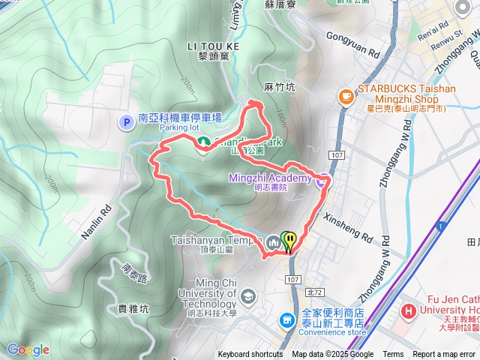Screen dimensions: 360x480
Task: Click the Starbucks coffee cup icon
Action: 346,95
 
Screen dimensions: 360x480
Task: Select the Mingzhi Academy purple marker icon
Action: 321,179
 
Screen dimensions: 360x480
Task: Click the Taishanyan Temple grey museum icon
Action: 271,241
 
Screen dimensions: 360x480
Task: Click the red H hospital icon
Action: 409,310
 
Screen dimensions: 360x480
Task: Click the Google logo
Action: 28,349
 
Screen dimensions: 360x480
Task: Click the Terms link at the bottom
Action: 393,355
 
